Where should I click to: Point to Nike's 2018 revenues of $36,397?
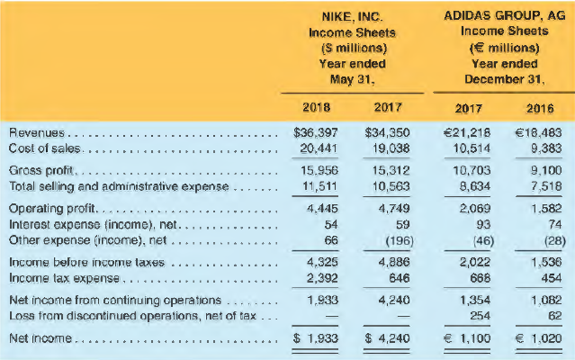click(x=316, y=132)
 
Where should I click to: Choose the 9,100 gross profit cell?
click(x=540, y=169)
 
